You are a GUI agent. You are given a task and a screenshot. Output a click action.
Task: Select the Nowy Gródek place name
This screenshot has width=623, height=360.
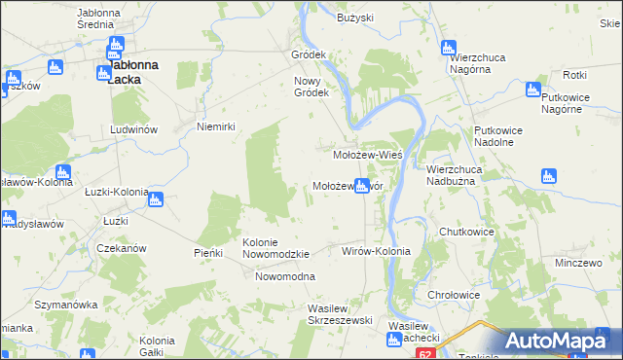pyautogui.click(x=313, y=87)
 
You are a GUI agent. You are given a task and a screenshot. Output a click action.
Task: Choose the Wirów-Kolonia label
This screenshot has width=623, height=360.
pyautogui.click(x=376, y=251)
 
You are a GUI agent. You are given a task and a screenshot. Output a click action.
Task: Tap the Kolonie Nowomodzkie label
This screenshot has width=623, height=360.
pyautogui.click(x=275, y=248)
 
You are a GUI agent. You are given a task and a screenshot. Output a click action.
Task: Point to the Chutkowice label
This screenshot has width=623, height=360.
pyautogui.click(x=467, y=233)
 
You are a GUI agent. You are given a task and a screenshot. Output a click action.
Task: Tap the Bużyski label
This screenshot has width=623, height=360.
pyautogui.click(x=355, y=18)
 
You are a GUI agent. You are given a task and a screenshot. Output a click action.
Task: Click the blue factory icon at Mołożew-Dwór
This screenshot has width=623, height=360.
pyautogui.click(x=362, y=186)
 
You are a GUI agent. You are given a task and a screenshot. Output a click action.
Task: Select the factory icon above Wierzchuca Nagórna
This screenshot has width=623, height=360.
pyautogui.click(x=449, y=48)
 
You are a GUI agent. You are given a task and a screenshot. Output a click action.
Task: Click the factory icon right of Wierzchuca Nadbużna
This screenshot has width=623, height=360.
pyautogui.click(x=548, y=177)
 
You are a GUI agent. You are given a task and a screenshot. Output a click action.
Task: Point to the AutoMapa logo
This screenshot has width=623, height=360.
pyautogui.click(x=558, y=341)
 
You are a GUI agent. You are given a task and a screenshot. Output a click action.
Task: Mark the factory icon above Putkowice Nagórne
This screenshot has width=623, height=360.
pyautogui.click(x=532, y=90)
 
